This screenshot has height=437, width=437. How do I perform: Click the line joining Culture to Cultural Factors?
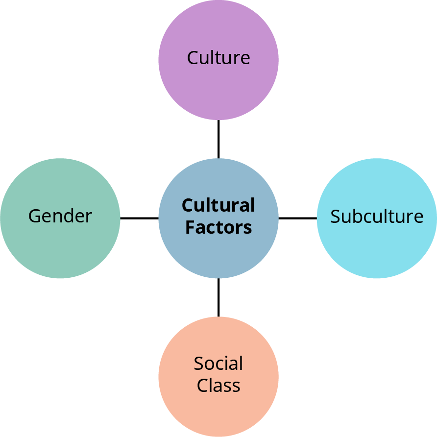tap(218, 139)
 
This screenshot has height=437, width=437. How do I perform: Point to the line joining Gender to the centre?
tap(139, 218)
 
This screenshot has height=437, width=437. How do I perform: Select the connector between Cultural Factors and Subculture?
tap(298, 218)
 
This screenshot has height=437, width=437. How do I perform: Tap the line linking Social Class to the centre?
tap(218, 297)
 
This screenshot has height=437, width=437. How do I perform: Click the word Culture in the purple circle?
tap(218, 58)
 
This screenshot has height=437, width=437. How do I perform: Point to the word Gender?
tap(60, 216)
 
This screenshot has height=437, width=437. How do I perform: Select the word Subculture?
tap(376, 216)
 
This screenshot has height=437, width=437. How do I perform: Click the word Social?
tap(218, 364)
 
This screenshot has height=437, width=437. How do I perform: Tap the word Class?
tap(218, 385)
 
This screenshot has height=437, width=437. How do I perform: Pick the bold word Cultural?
tap(218, 206)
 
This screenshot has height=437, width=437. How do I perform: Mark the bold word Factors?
tap(218, 227)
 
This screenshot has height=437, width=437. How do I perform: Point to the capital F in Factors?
tap(190, 227)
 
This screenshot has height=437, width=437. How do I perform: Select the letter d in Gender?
tap(72, 216)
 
